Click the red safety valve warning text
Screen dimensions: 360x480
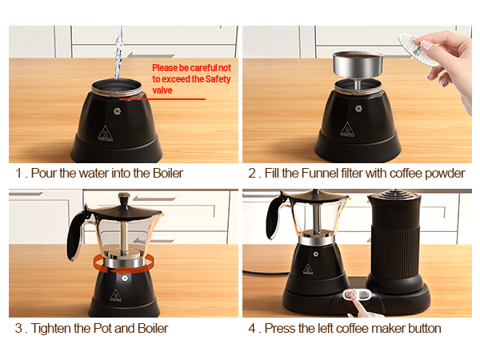(x=191, y=79)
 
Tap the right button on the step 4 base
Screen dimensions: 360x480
(x=366, y=294)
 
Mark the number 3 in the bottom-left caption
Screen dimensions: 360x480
(x=18, y=328)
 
